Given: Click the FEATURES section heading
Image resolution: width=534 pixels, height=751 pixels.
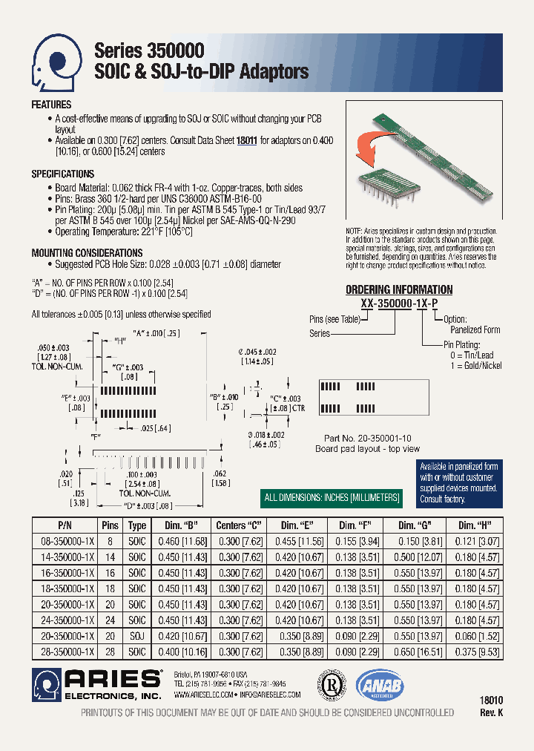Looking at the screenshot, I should point(51,105).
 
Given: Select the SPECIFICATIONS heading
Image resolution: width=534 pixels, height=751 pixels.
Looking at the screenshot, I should point(62,174).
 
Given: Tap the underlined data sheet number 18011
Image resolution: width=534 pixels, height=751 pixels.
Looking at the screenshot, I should point(246,140).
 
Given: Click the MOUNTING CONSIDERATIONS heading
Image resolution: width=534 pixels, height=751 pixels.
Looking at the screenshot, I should point(87,253).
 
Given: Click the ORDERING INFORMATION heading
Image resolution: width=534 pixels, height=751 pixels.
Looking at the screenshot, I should point(399,289).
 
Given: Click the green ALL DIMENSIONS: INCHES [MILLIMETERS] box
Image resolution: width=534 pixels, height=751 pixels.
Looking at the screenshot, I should point(333,497).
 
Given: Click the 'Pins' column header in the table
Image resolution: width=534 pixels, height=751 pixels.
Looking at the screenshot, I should point(110,524).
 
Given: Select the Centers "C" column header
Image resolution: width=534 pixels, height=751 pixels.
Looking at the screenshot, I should point(240,524).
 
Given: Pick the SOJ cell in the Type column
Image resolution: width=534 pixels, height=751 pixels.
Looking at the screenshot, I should point(137,636).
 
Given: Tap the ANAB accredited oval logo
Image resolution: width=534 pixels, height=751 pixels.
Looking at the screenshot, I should point(379,686).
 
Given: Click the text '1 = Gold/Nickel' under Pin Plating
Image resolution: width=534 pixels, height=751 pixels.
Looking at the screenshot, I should point(471,365).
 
